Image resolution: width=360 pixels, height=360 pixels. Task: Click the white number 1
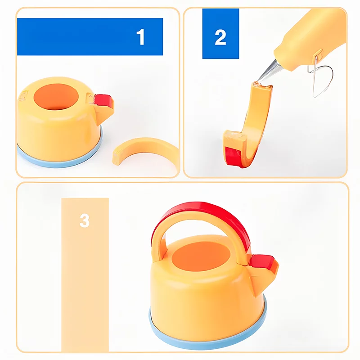pyautogui.click(x=140, y=37)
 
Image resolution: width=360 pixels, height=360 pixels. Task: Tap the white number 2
pyautogui.click(x=220, y=37)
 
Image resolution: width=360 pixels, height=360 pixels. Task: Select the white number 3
pyautogui.click(x=85, y=220)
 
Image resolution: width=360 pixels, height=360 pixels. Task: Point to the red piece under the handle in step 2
pyautogui.click(x=233, y=156)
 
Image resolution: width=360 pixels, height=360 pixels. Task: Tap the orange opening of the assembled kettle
pyautogui.click(x=201, y=256)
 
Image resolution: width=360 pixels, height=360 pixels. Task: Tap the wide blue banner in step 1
pyautogui.click(x=90, y=37)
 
